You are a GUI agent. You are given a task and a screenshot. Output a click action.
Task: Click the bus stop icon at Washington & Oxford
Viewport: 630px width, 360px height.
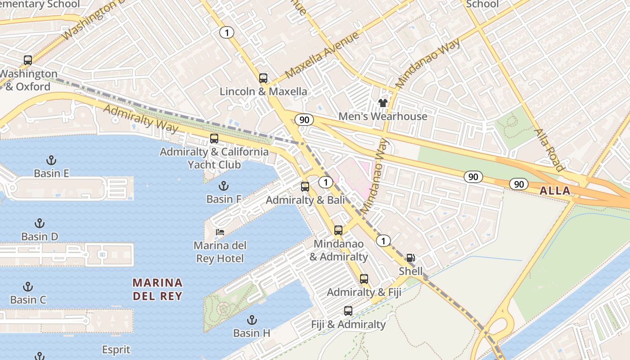(28, 60)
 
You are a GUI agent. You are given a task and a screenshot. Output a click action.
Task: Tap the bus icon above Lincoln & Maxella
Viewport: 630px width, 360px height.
(263, 78)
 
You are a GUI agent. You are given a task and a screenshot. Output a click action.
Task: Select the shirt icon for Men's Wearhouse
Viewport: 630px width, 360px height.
(383, 103)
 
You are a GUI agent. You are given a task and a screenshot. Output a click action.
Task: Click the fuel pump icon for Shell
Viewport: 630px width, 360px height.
(410, 258)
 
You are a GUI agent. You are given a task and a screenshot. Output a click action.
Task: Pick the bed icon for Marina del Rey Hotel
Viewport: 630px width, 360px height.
(220, 232)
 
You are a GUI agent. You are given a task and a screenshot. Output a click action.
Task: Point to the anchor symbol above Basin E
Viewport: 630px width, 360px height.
(51, 160)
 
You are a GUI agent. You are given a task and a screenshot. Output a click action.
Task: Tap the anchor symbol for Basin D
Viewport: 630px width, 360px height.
(40, 223)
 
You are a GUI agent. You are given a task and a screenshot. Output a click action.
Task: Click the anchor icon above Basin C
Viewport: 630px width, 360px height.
(28, 287)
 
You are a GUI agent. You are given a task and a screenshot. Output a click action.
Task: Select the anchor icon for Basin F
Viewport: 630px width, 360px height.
(224, 186)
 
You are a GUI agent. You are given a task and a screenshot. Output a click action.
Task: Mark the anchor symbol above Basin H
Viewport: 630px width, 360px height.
(252, 320)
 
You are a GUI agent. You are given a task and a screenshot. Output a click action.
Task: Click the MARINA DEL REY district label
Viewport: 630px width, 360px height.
(157, 289)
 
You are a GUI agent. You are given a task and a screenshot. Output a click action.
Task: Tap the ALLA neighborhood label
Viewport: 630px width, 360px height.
(555, 191)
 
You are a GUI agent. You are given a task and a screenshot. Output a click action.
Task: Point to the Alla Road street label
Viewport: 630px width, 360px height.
(549, 150)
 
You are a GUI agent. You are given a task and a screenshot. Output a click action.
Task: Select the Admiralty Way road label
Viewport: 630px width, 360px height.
(141, 119)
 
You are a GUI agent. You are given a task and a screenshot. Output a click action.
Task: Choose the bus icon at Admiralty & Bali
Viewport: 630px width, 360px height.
(305, 186)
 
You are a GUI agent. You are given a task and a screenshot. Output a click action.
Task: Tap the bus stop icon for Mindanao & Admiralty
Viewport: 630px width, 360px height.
(338, 230)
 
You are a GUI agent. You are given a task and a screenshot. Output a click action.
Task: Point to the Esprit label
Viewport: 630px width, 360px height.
(116, 350)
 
